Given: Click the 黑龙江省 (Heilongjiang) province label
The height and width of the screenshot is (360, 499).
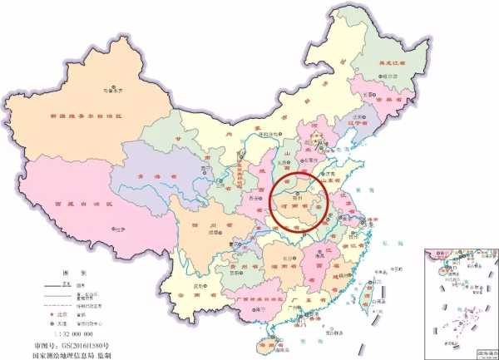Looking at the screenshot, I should [390, 63].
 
